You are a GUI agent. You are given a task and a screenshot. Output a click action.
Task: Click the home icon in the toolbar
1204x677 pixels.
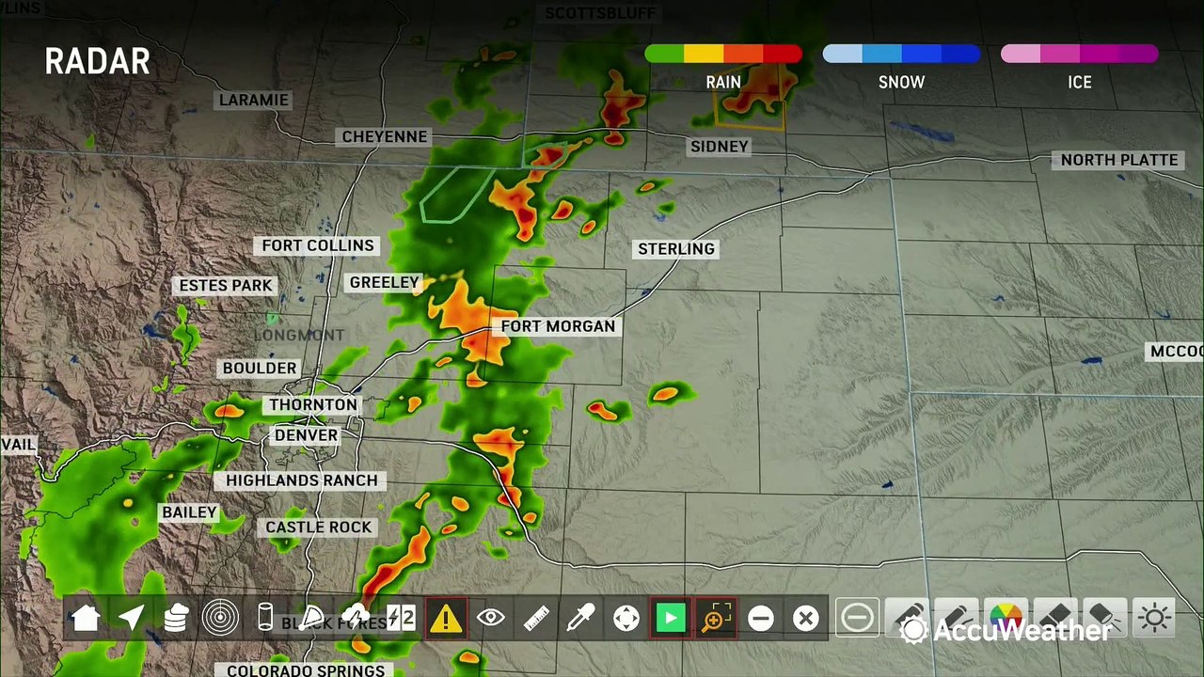click(x=86, y=618)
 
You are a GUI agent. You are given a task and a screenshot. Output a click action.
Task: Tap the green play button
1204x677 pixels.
click(x=670, y=618)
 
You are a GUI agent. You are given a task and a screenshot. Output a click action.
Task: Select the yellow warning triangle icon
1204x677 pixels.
click(x=445, y=618)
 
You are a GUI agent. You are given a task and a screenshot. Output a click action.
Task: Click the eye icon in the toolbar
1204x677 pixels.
click(x=490, y=618)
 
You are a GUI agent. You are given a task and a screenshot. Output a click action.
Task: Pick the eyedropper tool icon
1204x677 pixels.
click(x=580, y=618)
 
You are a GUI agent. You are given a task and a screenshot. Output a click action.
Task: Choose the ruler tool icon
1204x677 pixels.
click(x=536, y=618)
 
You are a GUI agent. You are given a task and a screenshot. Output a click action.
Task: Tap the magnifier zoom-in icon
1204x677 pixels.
click(x=715, y=618)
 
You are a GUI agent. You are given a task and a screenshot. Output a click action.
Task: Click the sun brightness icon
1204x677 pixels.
click(x=1155, y=618)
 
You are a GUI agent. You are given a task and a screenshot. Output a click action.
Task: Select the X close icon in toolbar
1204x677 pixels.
click(x=805, y=618)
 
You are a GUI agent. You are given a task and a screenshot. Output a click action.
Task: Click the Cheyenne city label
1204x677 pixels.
click(x=385, y=137)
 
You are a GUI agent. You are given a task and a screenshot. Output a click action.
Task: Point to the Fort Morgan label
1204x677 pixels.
click(x=558, y=326)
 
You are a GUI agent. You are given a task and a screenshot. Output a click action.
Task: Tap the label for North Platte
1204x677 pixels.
click(x=1119, y=160)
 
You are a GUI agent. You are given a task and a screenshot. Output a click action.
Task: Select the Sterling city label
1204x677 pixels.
click(x=676, y=249)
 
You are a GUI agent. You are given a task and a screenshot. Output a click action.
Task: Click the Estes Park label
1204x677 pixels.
click(x=226, y=286)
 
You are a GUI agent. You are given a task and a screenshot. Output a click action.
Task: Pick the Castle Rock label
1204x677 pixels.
click(x=318, y=527)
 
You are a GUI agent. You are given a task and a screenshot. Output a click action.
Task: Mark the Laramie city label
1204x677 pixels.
click(x=254, y=101)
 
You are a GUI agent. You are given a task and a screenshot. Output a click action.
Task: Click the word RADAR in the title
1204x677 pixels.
click(x=98, y=62)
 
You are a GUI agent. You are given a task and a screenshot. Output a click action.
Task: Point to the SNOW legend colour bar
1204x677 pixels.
click(x=901, y=55)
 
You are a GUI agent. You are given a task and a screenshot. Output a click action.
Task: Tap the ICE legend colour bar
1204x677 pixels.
click(x=1079, y=55)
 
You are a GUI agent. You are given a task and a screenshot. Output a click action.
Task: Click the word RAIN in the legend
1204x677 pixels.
click(x=723, y=83)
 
